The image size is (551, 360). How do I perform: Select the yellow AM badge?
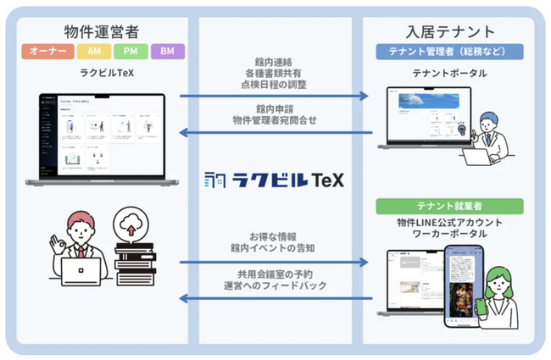[x=91, y=53]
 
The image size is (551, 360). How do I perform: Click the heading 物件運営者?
[x=106, y=33]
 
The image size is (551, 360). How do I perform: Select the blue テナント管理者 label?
[x=449, y=53]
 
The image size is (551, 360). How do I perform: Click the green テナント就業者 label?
[x=449, y=206]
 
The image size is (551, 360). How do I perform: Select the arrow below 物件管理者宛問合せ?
[x=274, y=132]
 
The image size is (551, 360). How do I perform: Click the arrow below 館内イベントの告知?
[x=274, y=263]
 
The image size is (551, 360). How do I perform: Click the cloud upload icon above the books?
[x=132, y=226]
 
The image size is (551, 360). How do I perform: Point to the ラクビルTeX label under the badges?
[x=106, y=73]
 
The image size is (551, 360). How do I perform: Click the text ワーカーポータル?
[x=449, y=234]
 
